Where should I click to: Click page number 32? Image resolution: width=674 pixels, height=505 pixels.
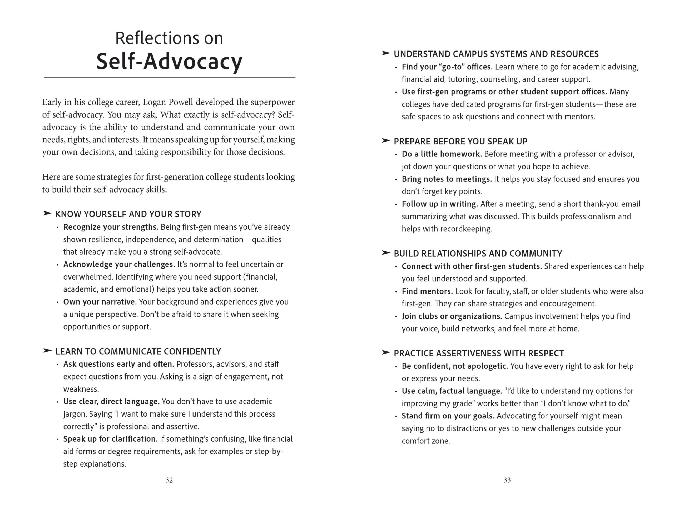tap(169, 480)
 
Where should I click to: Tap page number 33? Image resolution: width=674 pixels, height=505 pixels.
tap(507, 480)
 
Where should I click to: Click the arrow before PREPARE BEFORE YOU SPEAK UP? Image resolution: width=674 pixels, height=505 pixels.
tap(386, 141)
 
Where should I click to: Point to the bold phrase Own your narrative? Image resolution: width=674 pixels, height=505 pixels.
tap(100, 302)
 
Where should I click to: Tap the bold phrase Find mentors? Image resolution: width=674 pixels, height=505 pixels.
tap(427, 291)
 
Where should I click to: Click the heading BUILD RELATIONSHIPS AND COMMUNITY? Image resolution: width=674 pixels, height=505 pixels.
tap(478, 254)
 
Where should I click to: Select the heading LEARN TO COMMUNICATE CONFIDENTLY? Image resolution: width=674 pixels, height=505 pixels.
tap(138, 351)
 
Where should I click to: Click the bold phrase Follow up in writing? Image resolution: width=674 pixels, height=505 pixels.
tap(440, 204)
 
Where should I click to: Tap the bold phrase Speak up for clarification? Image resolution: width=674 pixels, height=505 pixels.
tap(110, 439)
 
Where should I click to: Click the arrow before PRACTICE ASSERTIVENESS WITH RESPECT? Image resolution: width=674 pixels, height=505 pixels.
tap(386, 352)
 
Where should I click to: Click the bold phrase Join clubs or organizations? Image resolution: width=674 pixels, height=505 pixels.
tap(452, 316)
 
